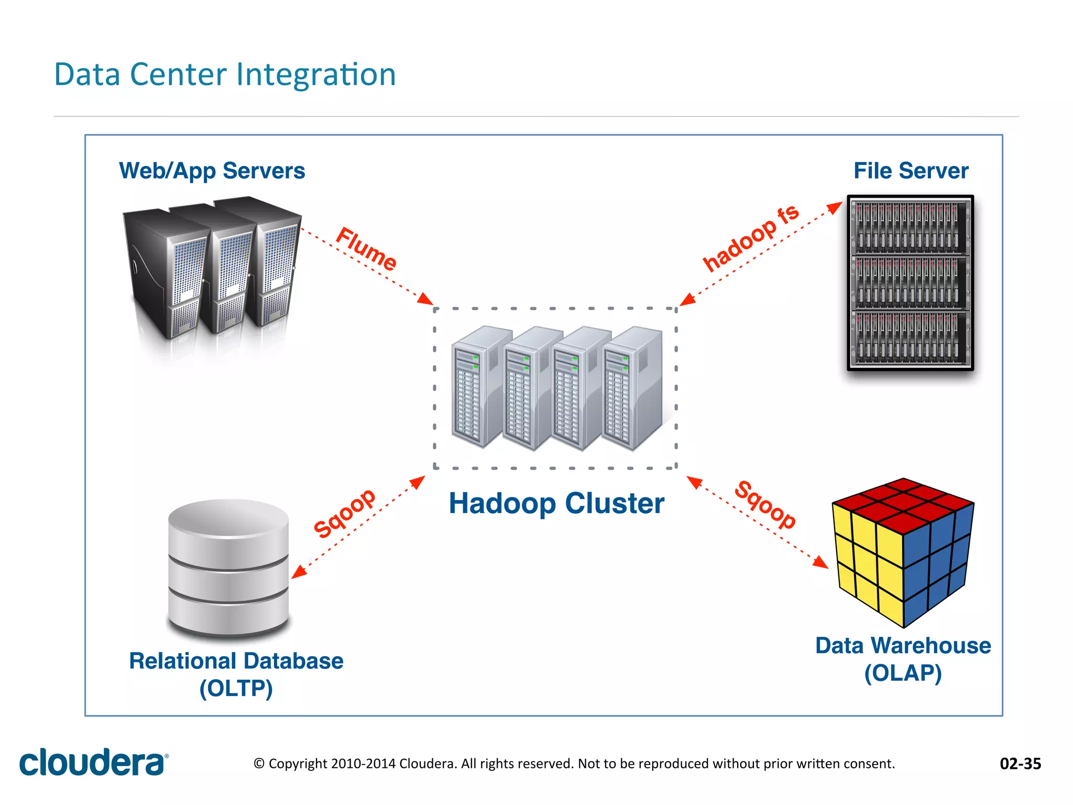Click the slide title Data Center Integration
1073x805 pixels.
tap(225, 74)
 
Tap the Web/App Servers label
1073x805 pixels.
tap(212, 171)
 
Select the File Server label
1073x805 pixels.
tap(911, 171)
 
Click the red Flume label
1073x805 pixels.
tap(366, 249)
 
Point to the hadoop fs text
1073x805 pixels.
tap(750, 238)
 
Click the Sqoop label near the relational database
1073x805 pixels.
tap(344, 513)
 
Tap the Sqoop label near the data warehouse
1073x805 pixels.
tap(765, 505)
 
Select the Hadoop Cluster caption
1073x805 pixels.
tap(556, 504)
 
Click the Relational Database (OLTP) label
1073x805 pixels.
tap(236, 674)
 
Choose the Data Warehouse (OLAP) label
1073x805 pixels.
tap(903, 659)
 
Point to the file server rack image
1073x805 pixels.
tap(910, 283)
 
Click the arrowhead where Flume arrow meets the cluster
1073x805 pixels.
tap(425, 299)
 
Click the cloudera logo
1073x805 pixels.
tap(93, 763)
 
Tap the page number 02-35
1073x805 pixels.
tap(1020, 764)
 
